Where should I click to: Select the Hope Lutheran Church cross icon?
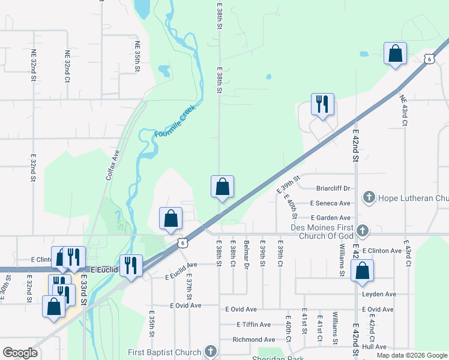tap(369, 197)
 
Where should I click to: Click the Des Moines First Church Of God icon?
tap(362, 230)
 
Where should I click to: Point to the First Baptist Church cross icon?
tap(210, 350)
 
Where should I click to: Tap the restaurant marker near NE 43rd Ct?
tap(322, 105)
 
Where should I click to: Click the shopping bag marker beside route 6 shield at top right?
tap(396, 53)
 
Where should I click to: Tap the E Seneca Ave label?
tap(330, 203)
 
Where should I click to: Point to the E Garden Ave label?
tap(330, 218)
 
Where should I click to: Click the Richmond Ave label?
tap(253, 340)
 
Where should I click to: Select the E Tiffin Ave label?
tap(253, 325)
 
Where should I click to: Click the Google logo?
tap(20, 353)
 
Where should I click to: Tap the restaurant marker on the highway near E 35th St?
tap(130, 265)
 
